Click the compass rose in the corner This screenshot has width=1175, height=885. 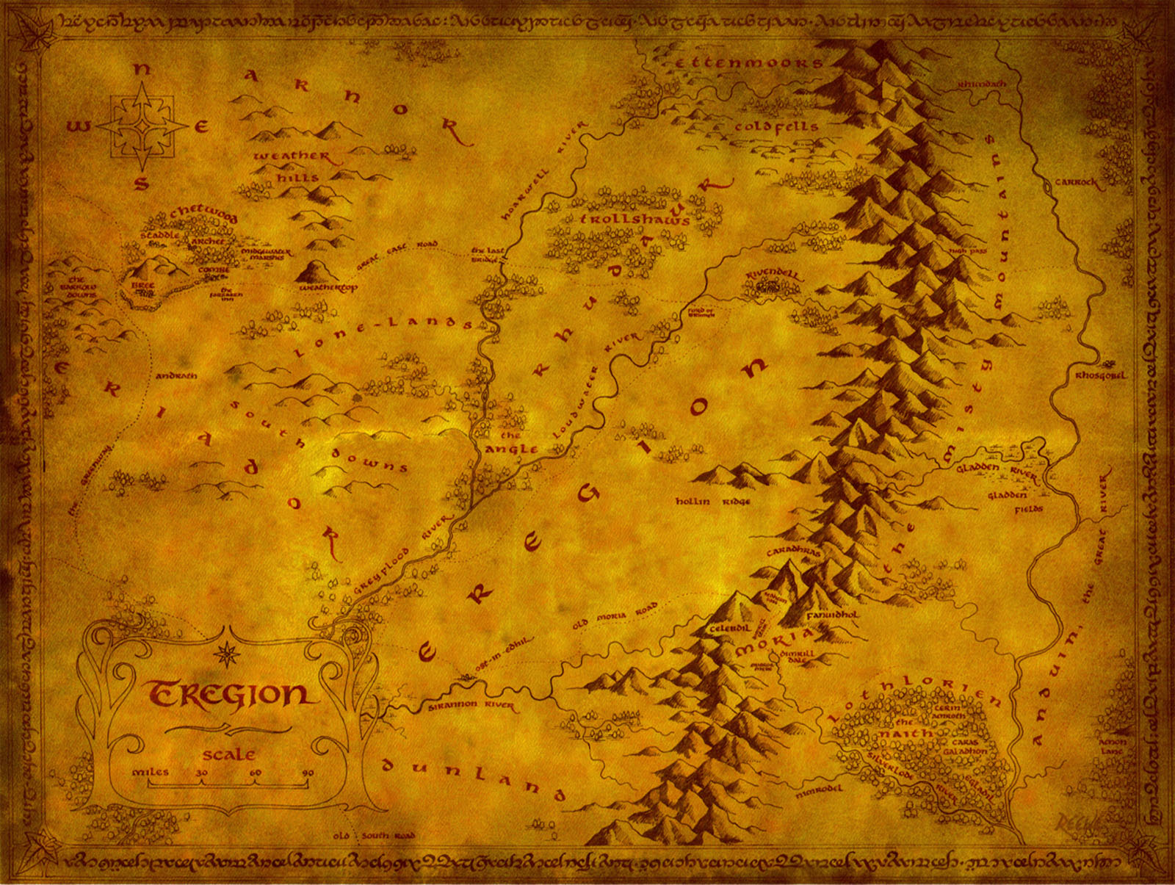(x=142, y=126)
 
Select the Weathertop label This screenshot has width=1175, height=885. (x=328, y=289)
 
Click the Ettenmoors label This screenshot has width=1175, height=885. (x=748, y=63)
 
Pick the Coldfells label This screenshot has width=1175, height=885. (x=776, y=127)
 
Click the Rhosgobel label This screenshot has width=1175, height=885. (x=1100, y=375)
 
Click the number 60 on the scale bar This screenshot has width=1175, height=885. (x=255, y=773)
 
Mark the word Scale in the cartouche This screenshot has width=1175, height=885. (x=229, y=754)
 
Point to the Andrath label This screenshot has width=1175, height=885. (x=176, y=376)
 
